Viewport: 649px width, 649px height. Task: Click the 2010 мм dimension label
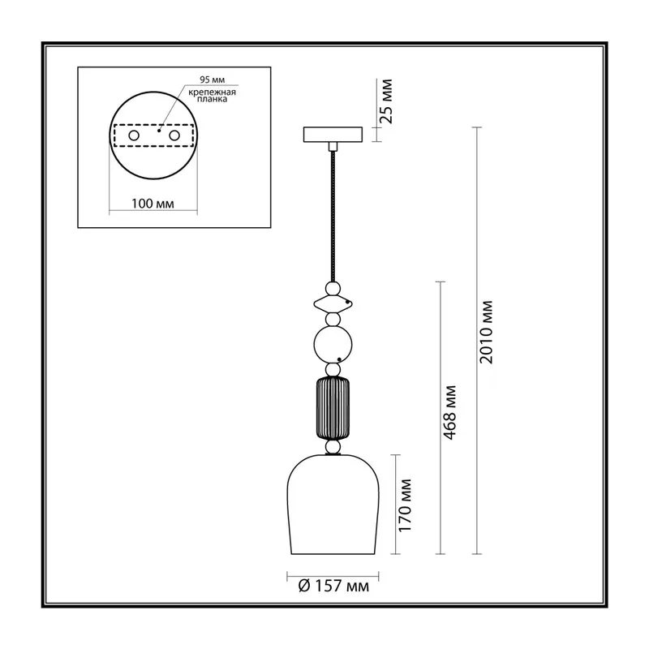tap(487, 332)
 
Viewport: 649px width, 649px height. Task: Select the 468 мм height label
tap(450, 412)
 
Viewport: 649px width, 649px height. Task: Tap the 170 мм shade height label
tap(405, 505)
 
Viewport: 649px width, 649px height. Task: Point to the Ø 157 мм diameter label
tap(333, 586)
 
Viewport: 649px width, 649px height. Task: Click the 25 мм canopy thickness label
tap(386, 101)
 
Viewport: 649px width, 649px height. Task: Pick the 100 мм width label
tap(153, 204)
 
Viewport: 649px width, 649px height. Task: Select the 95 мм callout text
tap(213, 80)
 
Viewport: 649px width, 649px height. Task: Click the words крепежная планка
tap(212, 96)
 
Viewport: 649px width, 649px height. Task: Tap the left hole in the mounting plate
tap(134, 135)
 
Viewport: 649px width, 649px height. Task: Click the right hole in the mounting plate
tap(174, 135)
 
